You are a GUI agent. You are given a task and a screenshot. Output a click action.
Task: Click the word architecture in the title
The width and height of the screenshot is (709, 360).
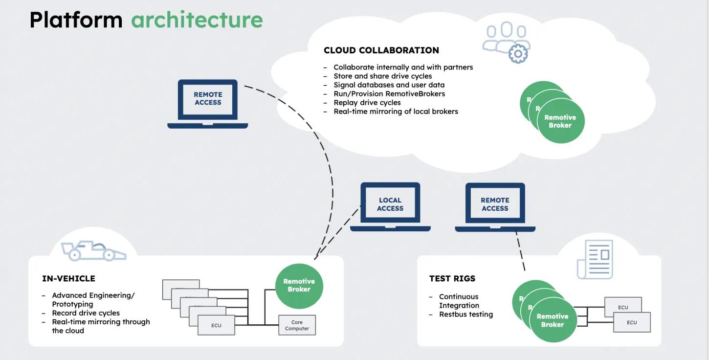coord(197,20)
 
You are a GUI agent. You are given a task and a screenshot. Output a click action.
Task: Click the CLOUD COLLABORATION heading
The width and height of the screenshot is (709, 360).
coord(381,50)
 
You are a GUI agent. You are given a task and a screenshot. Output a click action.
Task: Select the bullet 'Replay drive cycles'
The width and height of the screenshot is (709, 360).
coord(367,103)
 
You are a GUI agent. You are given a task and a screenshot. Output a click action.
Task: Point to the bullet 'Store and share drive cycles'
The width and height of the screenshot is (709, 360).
coord(382,76)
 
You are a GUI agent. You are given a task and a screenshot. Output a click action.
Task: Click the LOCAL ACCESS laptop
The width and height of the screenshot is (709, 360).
coord(390,205)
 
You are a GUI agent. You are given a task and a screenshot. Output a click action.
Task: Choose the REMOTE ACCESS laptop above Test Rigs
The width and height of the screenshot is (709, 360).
coord(495,205)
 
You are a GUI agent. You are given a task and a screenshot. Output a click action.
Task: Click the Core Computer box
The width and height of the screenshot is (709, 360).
coord(297,325)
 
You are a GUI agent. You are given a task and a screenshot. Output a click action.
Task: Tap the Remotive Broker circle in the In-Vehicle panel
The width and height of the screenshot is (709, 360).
coord(299,286)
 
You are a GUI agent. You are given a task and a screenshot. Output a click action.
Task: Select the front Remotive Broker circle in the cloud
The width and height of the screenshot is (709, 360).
coord(560,121)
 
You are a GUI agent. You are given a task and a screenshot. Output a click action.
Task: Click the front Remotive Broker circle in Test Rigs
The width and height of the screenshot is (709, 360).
coord(553,320)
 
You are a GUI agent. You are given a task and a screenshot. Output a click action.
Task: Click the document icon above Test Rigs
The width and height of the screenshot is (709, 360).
coord(595,259)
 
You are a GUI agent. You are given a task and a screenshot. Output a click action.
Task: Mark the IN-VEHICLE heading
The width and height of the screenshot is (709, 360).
coord(68,279)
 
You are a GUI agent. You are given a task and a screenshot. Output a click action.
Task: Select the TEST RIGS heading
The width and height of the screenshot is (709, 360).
coord(452,279)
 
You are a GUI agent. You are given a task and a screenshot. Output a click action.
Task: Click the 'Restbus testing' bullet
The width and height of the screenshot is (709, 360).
coord(465,315)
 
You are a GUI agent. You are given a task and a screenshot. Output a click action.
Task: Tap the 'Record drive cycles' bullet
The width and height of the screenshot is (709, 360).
coord(86,313)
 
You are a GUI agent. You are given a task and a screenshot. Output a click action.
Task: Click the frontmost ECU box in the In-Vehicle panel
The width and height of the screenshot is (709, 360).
coord(216,325)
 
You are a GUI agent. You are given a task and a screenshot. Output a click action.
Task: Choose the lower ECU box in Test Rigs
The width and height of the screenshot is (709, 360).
coord(632,322)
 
